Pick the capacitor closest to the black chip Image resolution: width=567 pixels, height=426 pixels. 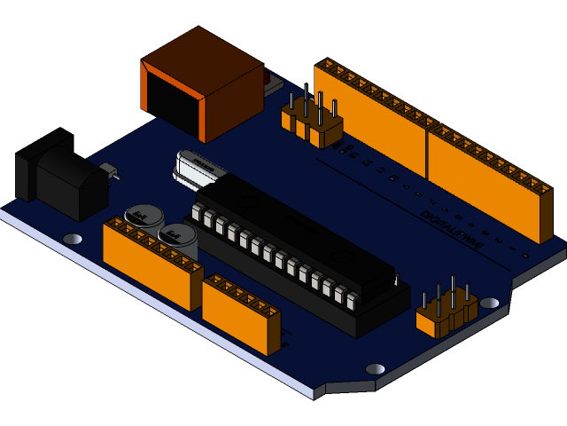(178, 236)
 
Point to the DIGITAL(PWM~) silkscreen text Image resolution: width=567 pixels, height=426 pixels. (451, 230)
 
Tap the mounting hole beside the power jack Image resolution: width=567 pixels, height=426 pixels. (73, 239)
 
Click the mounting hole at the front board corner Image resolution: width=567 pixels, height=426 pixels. (375, 369)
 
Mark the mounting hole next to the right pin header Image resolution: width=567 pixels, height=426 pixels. (489, 303)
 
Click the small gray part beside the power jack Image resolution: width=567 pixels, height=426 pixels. (109, 169)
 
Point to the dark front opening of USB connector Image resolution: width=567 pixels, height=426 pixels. (173, 105)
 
